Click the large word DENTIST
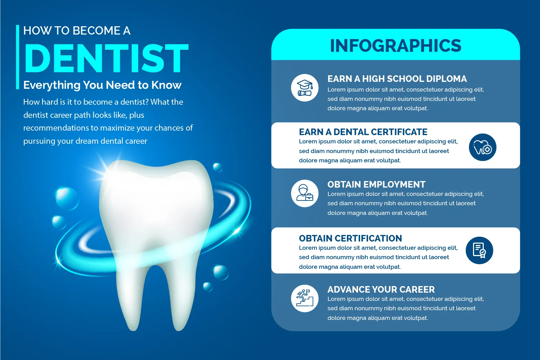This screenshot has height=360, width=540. click(106, 58)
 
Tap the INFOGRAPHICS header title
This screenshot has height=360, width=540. click(396, 46)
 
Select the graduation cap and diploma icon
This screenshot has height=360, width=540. click(305, 88)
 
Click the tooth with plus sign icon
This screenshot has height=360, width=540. click(482, 147)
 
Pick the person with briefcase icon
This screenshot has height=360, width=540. click(305, 193)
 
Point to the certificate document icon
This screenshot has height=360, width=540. click(479, 250)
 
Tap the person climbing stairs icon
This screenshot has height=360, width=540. click(305, 299)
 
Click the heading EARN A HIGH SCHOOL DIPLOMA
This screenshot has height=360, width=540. click(397, 79)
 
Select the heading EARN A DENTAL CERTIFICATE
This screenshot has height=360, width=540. click(363, 132)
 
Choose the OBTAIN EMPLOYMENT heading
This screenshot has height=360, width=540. click(376, 184)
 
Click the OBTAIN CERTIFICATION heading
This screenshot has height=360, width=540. click(350, 238)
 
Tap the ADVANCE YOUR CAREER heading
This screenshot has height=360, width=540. click(381, 289)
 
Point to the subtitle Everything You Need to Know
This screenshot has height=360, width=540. click(102, 85)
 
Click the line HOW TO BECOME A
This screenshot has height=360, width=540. click(77, 31)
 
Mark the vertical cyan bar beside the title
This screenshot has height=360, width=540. click(17, 57)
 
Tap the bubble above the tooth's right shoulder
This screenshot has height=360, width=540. click(218, 167)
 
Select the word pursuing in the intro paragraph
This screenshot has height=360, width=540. click(39, 141)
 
